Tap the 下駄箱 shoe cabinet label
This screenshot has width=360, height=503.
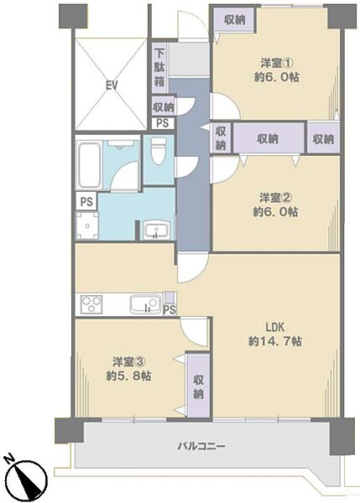click(159, 67)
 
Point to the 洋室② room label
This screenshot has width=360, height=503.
click(274, 198)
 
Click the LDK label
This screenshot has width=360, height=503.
click(274, 326)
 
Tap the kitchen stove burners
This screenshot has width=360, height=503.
click(91, 303)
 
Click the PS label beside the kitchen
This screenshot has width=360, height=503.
click(169, 309)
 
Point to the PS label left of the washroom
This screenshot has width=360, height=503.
click(85, 202)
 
